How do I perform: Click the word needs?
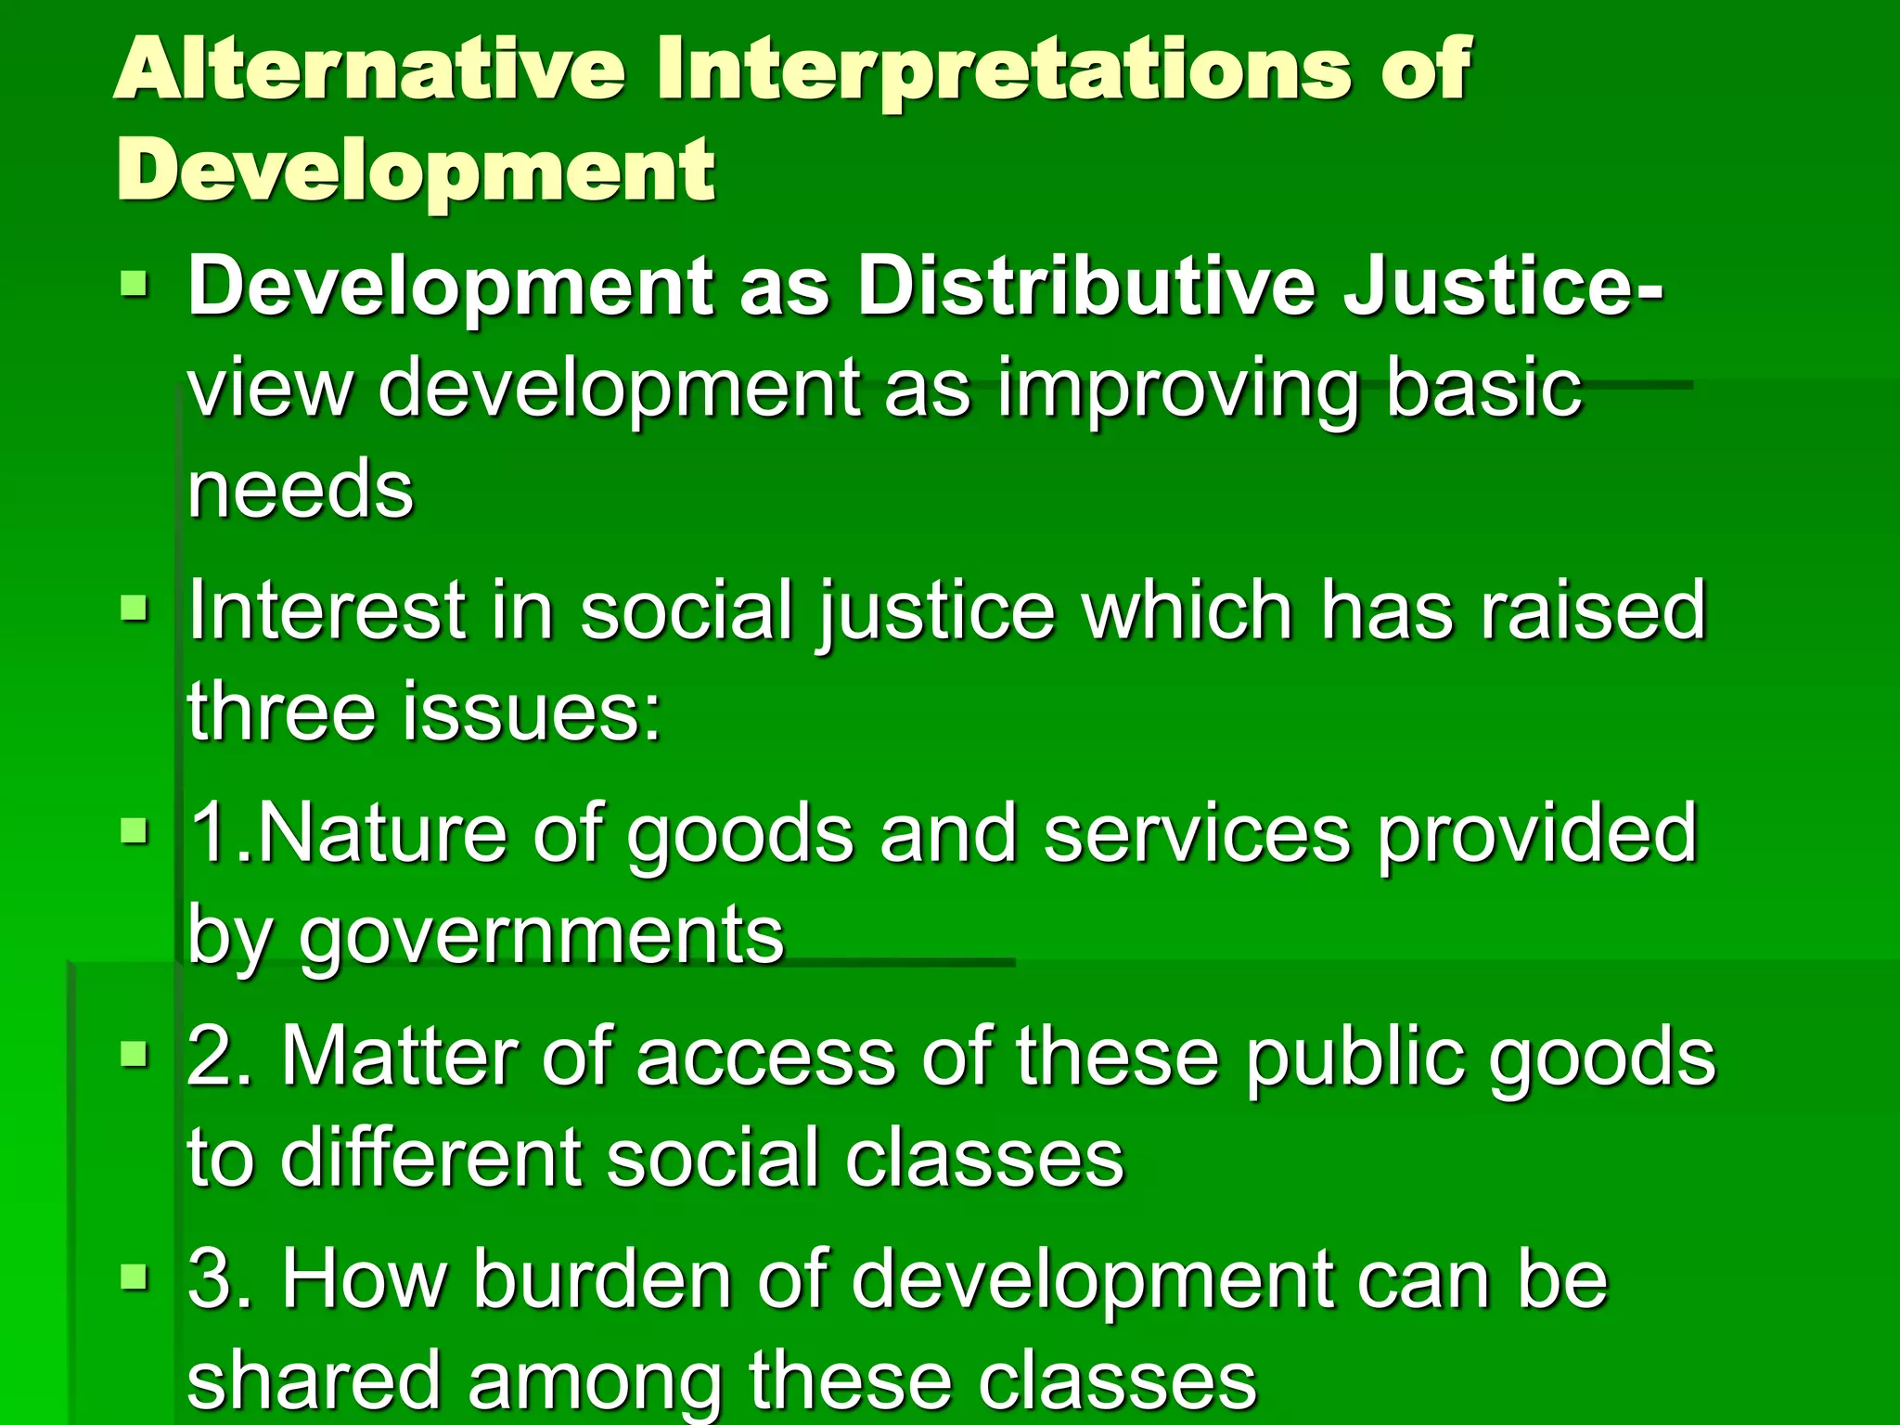300,489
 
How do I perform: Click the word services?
1197,834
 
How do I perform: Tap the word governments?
541,935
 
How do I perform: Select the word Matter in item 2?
397,1057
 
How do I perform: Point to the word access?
765,1057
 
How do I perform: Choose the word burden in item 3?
603,1279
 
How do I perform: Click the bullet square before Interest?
135,609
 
